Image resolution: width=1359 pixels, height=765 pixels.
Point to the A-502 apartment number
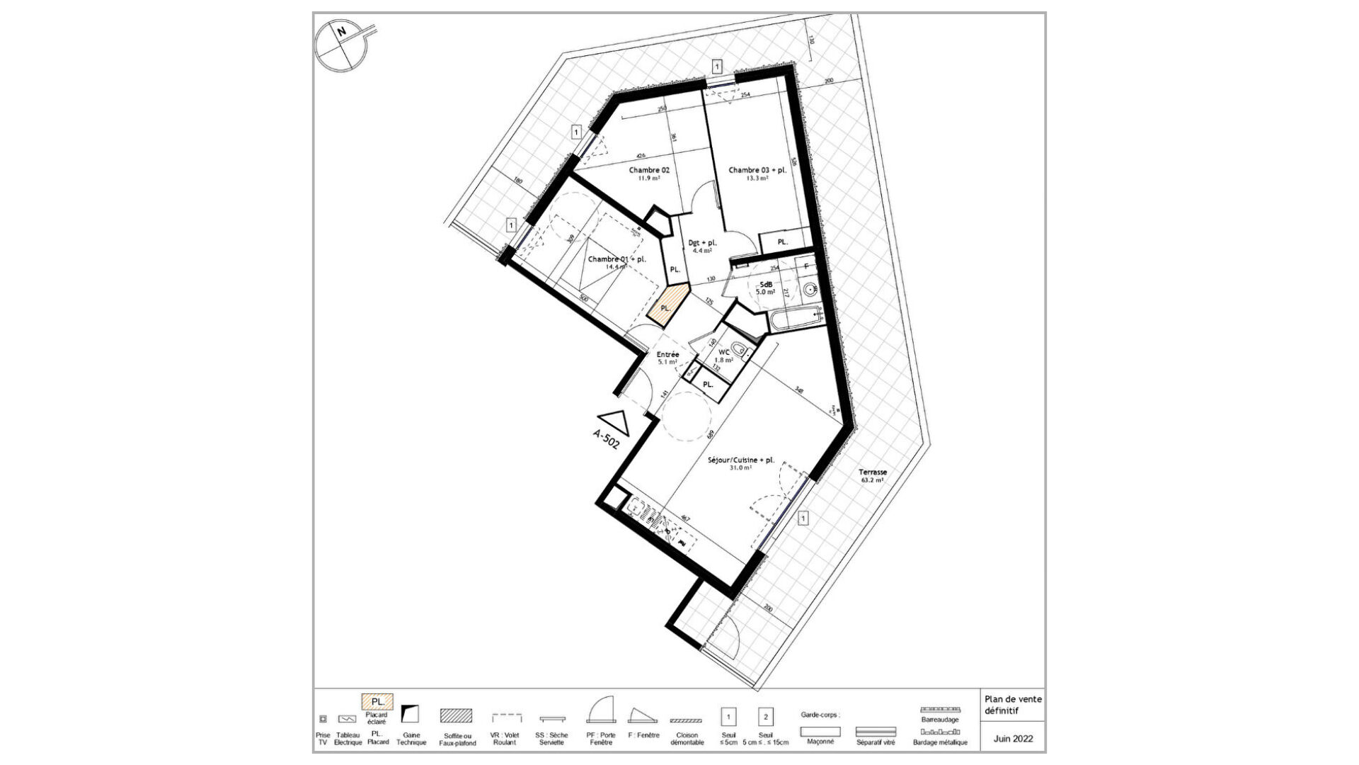(607, 439)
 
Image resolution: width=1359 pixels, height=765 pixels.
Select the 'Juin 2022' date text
(1013, 738)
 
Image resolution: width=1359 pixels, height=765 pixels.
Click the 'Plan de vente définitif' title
(1013, 705)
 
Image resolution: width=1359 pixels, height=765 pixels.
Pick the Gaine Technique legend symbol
(410, 713)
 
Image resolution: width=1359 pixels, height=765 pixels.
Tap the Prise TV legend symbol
(323, 718)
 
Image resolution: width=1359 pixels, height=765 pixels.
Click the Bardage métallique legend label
(939, 742)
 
